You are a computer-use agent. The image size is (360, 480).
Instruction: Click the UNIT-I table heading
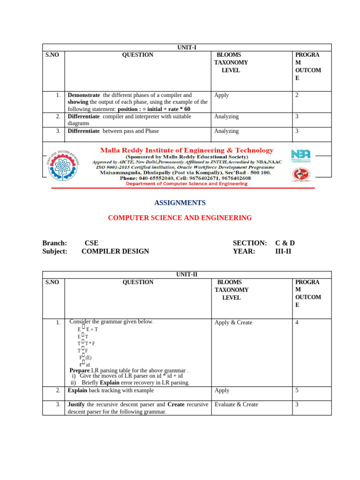click(x=187, y=47)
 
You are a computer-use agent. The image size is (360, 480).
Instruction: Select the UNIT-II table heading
click(x=187, y=275)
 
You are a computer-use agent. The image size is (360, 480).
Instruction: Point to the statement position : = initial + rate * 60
click(x=154, y=109)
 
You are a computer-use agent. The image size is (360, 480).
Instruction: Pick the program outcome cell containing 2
click(x=297, y=95)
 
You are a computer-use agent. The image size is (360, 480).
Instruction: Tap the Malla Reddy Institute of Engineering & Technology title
click(x=187, y=150)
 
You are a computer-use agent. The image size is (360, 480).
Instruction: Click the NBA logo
click(x=300, y=155)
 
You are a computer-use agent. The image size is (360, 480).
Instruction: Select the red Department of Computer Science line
click(x=187, y=184)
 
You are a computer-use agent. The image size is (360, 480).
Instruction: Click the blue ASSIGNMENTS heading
click(x=180, y=203)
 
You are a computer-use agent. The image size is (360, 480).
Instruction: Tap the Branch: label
click(x=54, y=243)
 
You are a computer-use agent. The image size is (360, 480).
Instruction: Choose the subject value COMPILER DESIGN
click(x=115, y=251)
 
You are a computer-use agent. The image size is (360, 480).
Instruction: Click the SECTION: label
click(x=249, y=243)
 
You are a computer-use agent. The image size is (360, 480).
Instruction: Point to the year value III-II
click(x=285, y=251)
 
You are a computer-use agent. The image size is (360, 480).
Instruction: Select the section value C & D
click(x=285, y=243)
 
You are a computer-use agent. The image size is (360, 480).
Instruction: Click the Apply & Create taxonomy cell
click(x=233, y=322)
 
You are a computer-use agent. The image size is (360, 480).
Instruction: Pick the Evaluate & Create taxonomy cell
click(x=236, y=404)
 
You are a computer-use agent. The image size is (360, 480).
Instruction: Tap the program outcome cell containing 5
click(x=297, y=390)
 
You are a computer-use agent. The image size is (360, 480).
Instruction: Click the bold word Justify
click(x=76, y=404)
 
